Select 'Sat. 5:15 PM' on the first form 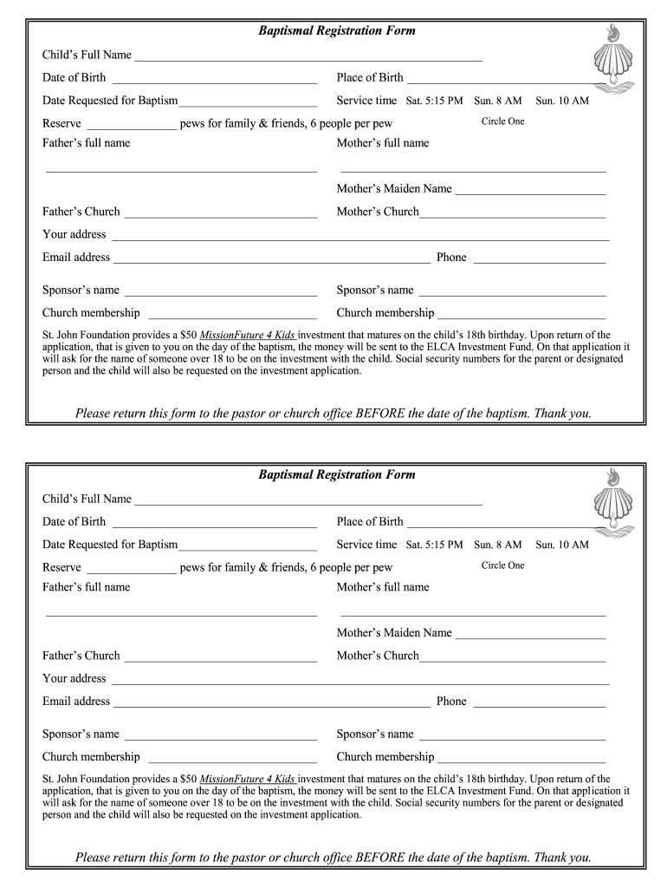[434, 101]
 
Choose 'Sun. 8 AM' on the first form [497, 101]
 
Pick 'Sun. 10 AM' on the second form [561, 545]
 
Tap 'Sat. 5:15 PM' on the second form [434, 545]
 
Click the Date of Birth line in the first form [214, 82]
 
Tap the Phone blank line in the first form [539, 262]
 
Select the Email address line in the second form [271, 706]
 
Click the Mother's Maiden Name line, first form [530, 193]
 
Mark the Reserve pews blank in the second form [132, 572]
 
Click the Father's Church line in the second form [221, 661]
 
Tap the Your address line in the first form [360, 238]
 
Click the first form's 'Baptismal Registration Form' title [337, 31]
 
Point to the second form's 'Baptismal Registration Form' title [337, 475]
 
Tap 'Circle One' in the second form [502, 565]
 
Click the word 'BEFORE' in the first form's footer [382, 414]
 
